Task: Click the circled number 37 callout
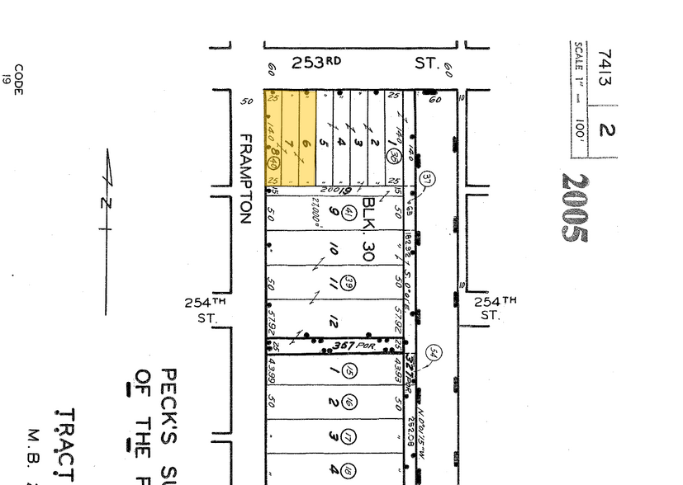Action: click(x=427, y=178)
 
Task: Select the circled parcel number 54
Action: click(x=434, y=355)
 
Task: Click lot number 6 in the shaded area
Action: click(x=306, y=144)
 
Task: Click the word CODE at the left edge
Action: click(x=18, y=75)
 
